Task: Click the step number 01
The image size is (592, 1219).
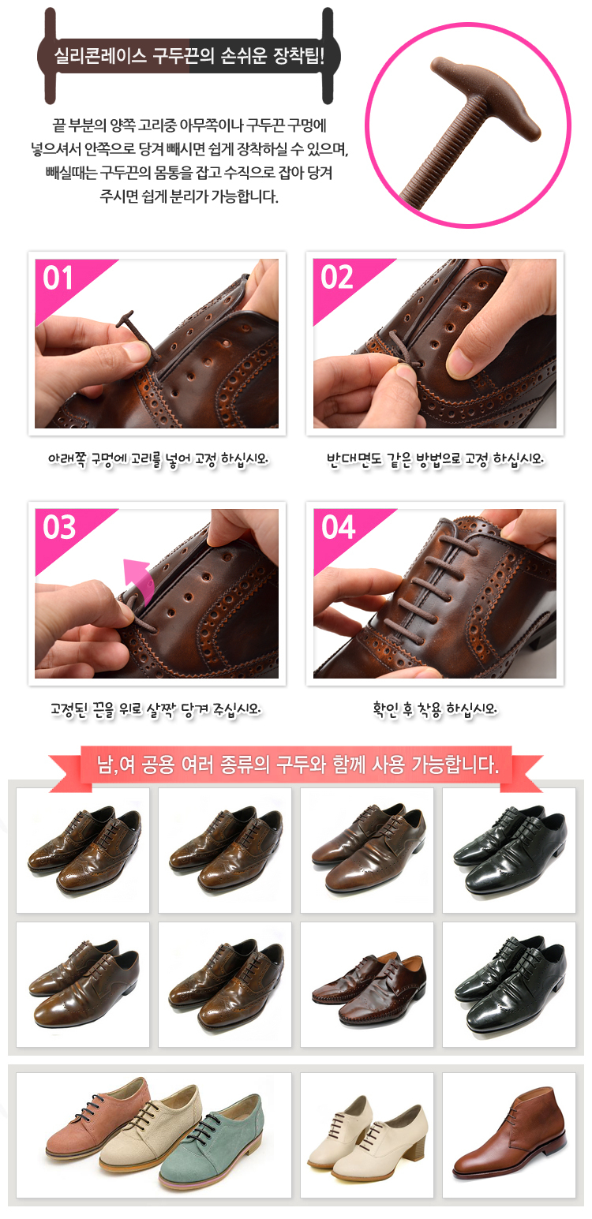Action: [x=58, y=278]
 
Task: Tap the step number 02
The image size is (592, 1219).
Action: [x=336, y=278]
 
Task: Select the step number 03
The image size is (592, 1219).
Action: [x=59, y=527]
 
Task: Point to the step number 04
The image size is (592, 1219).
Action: [x=338, y=527]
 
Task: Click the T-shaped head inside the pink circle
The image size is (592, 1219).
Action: [x=484, y=98]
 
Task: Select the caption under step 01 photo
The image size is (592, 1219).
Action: [x=158, y=460]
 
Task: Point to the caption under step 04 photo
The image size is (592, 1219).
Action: [x=435, y=709]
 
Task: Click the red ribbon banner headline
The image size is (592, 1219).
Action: [x=298, y=765]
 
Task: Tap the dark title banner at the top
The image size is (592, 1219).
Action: [x=189, y=56]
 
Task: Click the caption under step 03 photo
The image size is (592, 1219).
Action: [x=155, y=709]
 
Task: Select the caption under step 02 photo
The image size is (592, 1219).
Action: [x=435, y=460]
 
